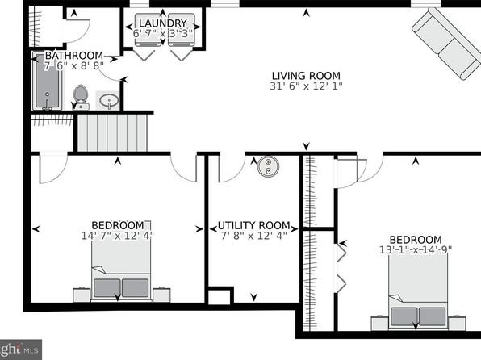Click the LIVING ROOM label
(306, 76)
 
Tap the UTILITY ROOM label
(253, 225)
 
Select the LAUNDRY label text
(162, 23)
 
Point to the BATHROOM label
(74, 56)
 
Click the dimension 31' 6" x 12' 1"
(306, 86)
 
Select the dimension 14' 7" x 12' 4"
(118, 236)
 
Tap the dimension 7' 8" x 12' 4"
(253, 236)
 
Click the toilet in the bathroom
(81, 97)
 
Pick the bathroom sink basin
(109, 100)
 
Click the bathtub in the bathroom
(47, 82)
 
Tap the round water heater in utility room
(268, 166)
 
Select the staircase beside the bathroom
(112, 132)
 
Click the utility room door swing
(232, 168)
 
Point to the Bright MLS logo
(20, 350)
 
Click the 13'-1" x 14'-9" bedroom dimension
(416, 250)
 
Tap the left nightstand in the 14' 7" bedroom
(82, 295)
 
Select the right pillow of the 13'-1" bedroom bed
(433, 316)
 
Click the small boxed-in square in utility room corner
(219, 297)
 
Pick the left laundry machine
(148, 30)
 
